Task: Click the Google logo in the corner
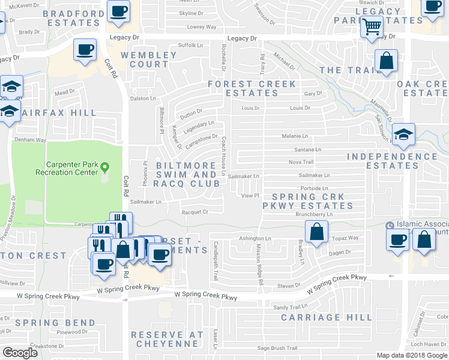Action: click(x=20, y=352)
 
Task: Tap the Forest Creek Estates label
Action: click(x=252, y=88)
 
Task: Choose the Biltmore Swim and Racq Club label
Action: click(x=186, y=174)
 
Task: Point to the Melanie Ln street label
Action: click(x=295, y=136)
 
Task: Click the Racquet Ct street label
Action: click(x=195, y=212)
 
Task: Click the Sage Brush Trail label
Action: click(x=277, y=348)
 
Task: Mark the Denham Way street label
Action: click(x=31, y=140)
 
